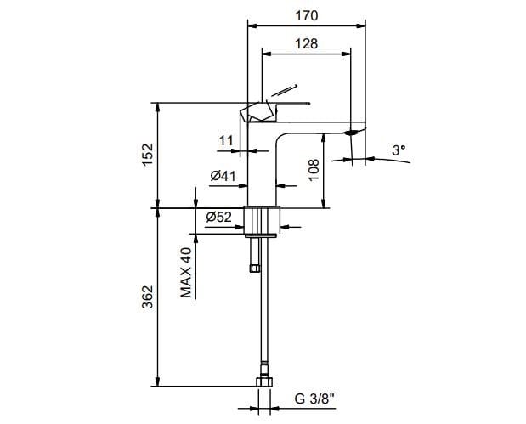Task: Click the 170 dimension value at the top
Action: (307, 14)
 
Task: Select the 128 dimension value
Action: (308, 43)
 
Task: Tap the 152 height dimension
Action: (147, 155)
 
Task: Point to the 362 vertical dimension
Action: (147, 296)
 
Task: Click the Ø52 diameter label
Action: (219, 218)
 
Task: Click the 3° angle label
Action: (399, 150)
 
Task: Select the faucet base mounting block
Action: (262, 219)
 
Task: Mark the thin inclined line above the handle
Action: (284, 89)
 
